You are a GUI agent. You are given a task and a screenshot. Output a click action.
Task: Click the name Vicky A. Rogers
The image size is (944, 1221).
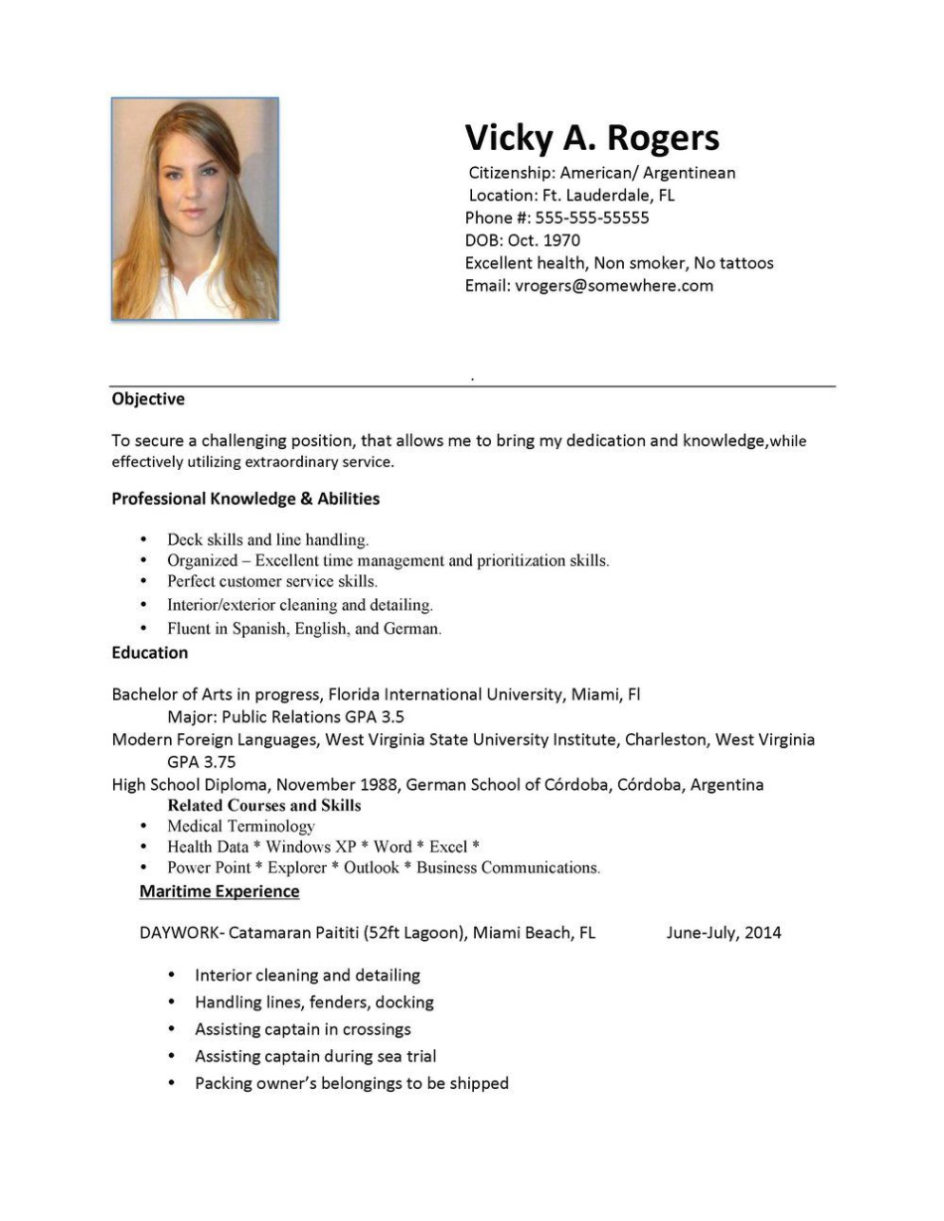[x=592, y=138]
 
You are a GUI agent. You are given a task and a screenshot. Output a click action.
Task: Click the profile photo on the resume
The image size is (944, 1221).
[x=195, y=209]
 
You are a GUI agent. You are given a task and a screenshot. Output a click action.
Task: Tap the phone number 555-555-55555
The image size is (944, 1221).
[x=592, y=218]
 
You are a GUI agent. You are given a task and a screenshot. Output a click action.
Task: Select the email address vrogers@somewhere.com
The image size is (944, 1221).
[x=614, y=286]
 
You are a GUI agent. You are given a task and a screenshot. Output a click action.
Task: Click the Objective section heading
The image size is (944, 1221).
[x=148, y=399]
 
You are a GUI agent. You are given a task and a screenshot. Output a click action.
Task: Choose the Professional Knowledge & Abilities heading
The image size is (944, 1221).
[x=245, y=499]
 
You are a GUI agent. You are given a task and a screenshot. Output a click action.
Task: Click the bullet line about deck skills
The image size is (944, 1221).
[x=268, y=540]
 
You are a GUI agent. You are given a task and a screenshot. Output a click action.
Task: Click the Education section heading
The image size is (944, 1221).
[x=150, y=653]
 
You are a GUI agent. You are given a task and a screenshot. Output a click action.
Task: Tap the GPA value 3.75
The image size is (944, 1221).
[x=218, y=762]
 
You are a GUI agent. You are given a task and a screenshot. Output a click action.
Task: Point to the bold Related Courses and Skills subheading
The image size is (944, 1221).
[x=264, y=805]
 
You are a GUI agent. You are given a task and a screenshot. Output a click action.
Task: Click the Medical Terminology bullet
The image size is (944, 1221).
[x=241, y=827]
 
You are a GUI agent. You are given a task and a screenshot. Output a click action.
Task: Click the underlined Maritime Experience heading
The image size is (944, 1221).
[x=220, y=891]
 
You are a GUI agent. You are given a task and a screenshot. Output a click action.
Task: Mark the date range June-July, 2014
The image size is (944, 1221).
[x=723, y=933]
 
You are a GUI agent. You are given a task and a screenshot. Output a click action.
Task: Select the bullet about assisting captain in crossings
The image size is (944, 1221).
[x=303, y=1029]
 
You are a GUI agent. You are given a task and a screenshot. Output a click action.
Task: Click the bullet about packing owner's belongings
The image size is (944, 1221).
[x=352, y=1083]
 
